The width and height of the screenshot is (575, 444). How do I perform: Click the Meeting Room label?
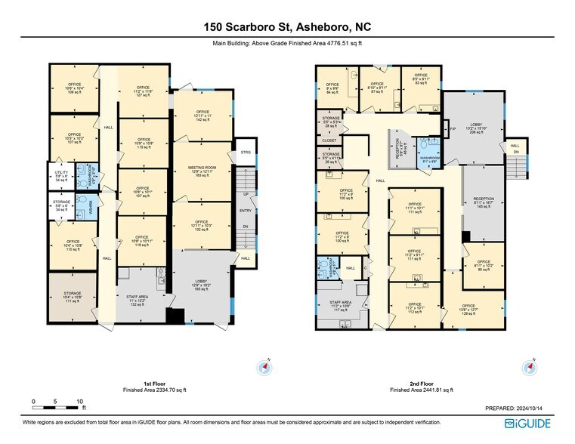coord(202,171)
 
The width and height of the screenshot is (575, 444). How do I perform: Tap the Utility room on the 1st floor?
coord(61,177)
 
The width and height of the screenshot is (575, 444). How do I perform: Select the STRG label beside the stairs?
coord(245,152)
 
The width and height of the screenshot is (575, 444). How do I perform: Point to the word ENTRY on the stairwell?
coord(246,210)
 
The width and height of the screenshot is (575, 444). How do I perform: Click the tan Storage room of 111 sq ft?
coord(73,298)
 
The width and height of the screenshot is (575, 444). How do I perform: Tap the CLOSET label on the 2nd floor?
coord(329,140)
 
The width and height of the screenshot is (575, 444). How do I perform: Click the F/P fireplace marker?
coord(453,129)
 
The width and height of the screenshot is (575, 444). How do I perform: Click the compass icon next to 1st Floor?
coord(265,368)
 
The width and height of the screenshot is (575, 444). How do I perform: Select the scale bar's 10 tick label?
coord(79,401)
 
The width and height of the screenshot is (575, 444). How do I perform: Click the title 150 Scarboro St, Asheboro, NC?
coord(287,27)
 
